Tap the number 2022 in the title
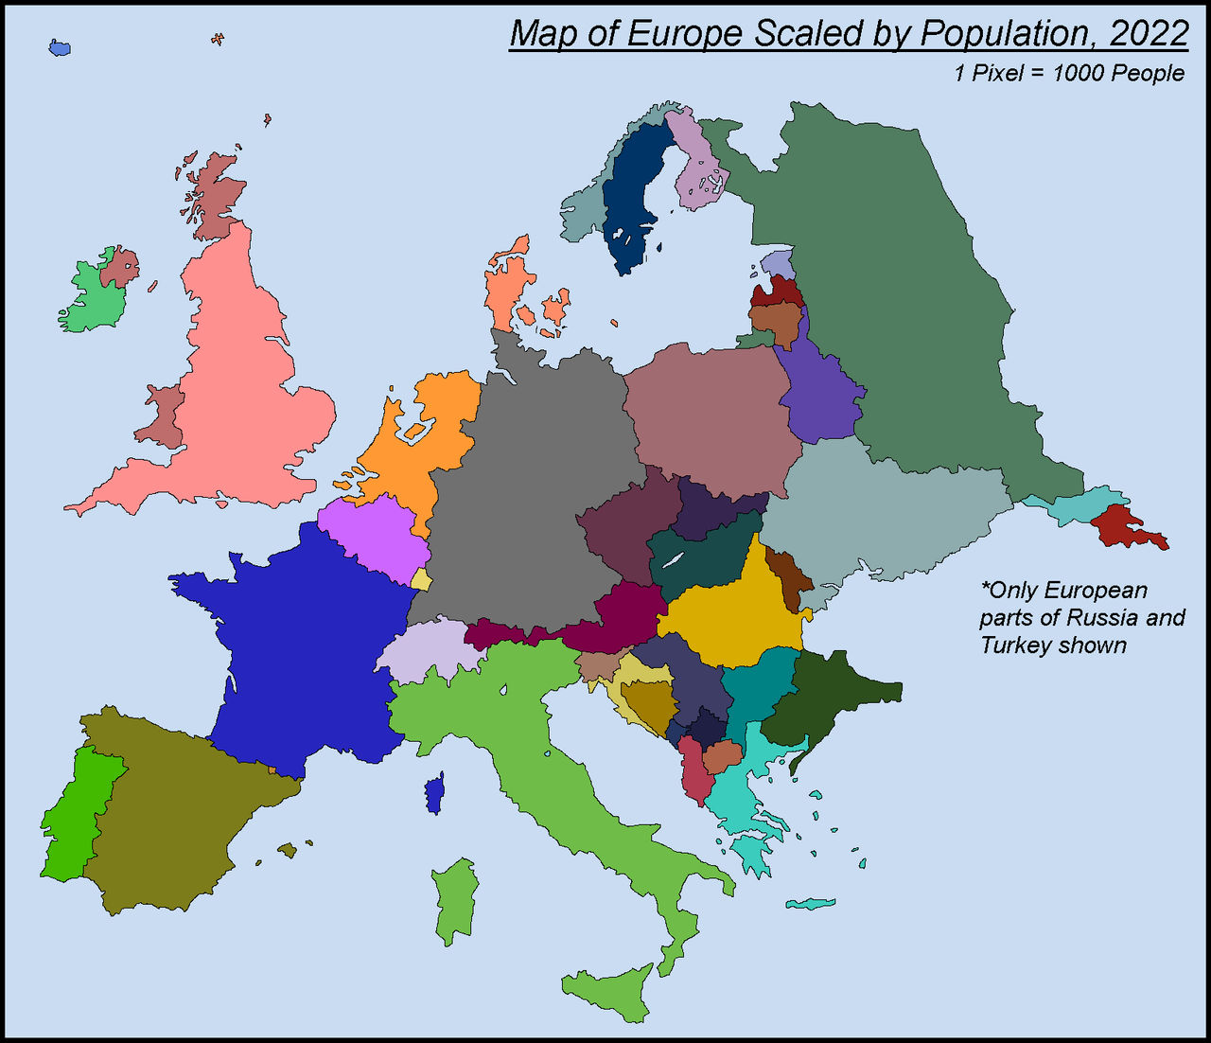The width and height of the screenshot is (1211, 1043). click(1150, 34)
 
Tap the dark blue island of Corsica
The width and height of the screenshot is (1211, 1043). click(434, 793)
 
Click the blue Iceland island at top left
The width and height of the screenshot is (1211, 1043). click(60, 47)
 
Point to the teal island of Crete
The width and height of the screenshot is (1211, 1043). click(810, 904)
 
